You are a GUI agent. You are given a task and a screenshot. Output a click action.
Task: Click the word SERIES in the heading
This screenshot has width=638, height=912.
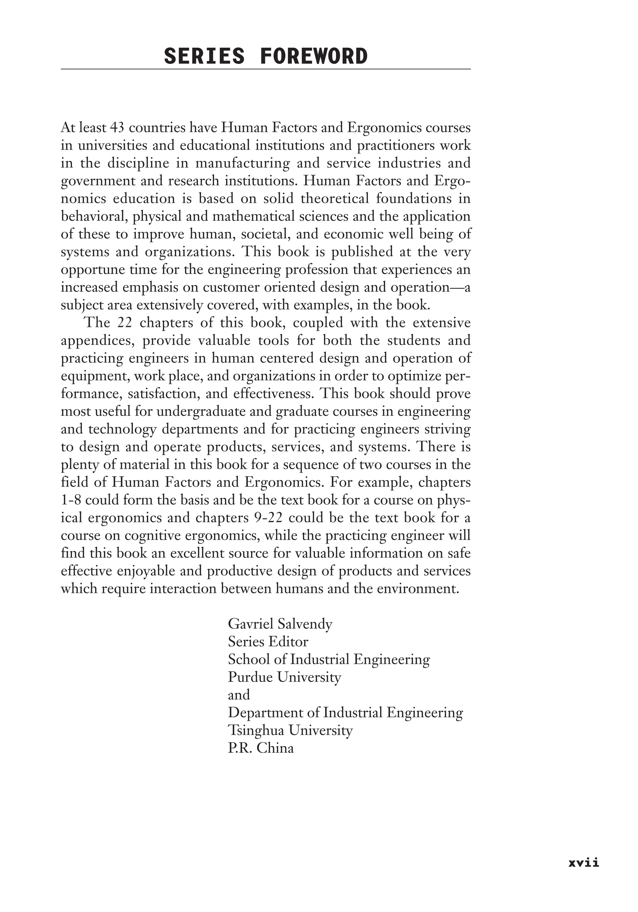tap(204, 56)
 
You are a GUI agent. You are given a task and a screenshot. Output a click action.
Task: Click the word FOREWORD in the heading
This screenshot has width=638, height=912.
tap(314, 56)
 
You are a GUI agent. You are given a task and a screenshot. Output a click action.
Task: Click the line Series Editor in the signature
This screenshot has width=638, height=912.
tap(268, 642)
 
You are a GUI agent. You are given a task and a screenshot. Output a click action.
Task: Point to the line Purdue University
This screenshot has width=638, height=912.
tap(284, 677)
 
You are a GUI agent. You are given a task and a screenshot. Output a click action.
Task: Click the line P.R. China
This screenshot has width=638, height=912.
tap(260, 748)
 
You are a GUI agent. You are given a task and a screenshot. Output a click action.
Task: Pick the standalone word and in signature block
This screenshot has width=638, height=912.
tap(239, 695)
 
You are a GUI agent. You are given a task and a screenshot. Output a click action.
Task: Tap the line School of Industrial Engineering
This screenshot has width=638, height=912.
tap(328, 659)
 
